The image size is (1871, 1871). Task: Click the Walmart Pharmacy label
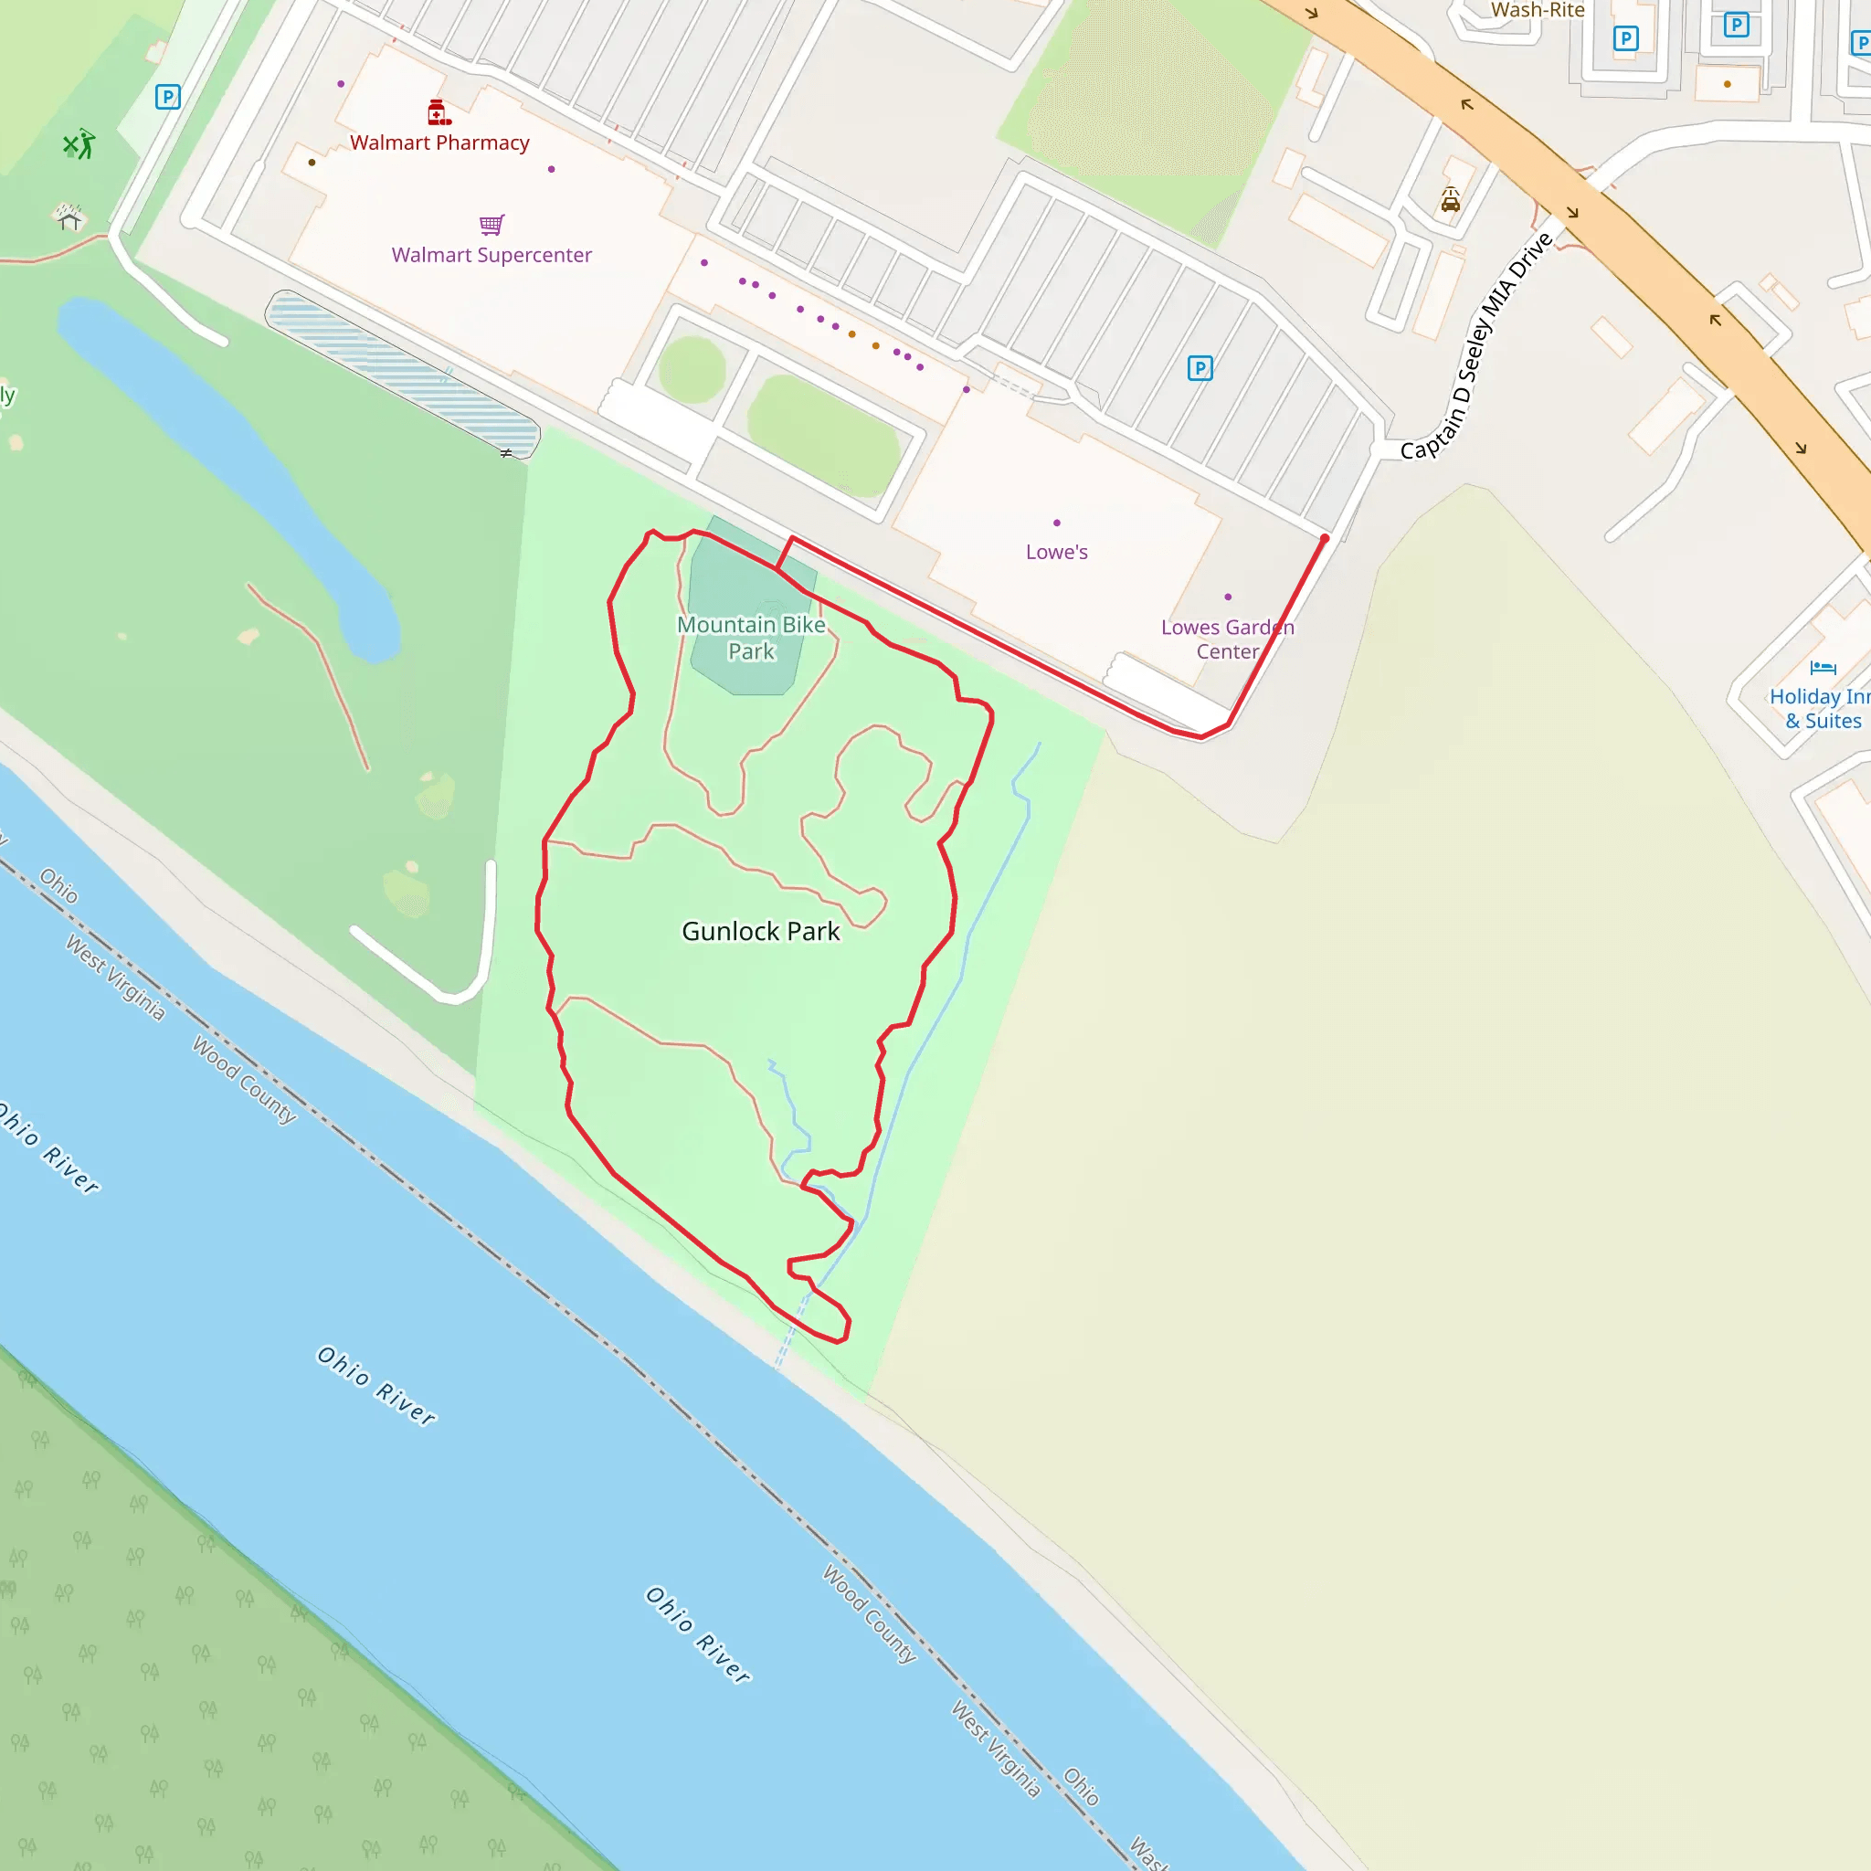(x=439, y=143)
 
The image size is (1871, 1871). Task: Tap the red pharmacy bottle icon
(x=439, y=112)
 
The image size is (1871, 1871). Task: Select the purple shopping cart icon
(x=492, y=225)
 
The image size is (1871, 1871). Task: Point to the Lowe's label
(x=1057, y=552)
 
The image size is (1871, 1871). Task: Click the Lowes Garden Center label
(x=1227, y=640)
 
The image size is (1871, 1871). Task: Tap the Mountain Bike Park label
(x=752, y=639)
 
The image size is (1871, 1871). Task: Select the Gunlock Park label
(x=760, y=932)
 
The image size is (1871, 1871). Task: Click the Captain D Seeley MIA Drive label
(x=1476, y=345)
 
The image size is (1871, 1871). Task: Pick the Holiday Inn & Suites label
(x=1819, y=708)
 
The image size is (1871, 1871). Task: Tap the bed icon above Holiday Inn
(x=1823, y=667)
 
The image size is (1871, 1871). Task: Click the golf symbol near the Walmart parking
(x=79, y=145)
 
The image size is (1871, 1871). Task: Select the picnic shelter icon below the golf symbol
(x=68, y=217)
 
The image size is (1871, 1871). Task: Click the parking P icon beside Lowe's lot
(x=1200, y=368)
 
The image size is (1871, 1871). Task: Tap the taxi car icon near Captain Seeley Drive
(x=1450, y=199)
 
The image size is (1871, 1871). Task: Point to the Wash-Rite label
(x=1538, y=10)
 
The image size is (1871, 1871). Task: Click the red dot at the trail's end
(x=1325, y=538)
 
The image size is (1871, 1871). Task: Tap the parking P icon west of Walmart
(x=167, y=97)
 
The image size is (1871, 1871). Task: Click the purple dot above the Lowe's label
(x=1057, y=523)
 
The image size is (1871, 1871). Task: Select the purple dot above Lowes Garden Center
(x=1228, y=597)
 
